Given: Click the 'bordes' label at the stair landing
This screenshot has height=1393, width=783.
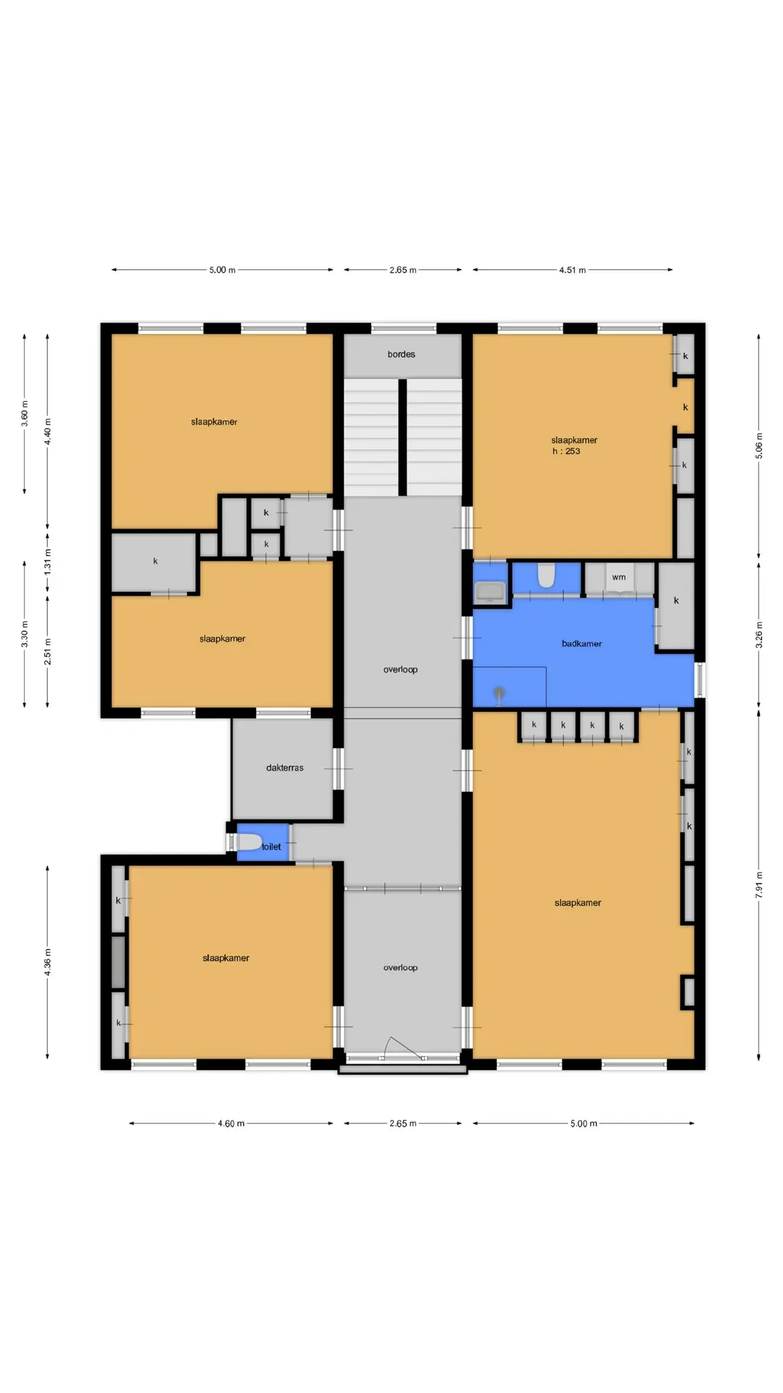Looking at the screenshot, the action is click(x=401, y=354).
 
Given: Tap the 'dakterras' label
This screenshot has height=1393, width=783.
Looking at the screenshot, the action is click(x=285, y=768).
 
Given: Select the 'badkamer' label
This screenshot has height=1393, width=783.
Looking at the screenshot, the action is click(x=581, y=644).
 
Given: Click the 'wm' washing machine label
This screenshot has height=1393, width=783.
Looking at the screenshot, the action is click(x=618, y=578).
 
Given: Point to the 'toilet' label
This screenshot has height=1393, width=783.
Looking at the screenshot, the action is click(x=271, y=847).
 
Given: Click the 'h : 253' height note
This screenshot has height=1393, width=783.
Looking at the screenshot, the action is click(x=566, y=451).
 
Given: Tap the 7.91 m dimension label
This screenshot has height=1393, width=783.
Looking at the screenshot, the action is click(x=759, y=885).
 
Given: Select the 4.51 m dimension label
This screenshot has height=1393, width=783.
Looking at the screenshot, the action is click(x=572, y=270).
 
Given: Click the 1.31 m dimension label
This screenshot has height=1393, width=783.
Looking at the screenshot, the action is click(x=48, y=562).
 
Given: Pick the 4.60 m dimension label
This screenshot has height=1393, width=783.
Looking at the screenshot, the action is click(x=231, y=1124).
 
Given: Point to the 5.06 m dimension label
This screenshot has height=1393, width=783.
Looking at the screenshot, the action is click(x=759, y=445).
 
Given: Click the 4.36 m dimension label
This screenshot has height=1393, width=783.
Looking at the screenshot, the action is click(x=48, y=962).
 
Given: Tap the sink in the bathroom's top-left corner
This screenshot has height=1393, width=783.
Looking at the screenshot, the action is click(x=490, y=592).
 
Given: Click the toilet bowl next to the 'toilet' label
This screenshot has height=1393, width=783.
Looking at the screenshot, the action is click(x=249, y=842).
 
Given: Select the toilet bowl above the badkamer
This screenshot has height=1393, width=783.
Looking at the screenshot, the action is click(x=546, y=576).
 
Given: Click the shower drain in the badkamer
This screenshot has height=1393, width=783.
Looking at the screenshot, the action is click(x=499, y=693).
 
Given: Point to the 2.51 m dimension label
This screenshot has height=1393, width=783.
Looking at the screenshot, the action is click(x=48, y=652).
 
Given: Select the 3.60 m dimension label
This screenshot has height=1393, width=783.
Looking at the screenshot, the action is click(x=25, y=414).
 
